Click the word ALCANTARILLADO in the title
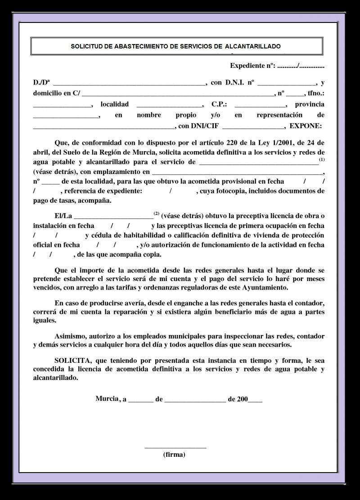click(253, 46)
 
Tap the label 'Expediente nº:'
click(252, 66)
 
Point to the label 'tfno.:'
click(315, 94)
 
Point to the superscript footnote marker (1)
click(321, 160)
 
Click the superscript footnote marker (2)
click(156, 213)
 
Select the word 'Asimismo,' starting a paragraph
click(70, 336)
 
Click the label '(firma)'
click(174, 454)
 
